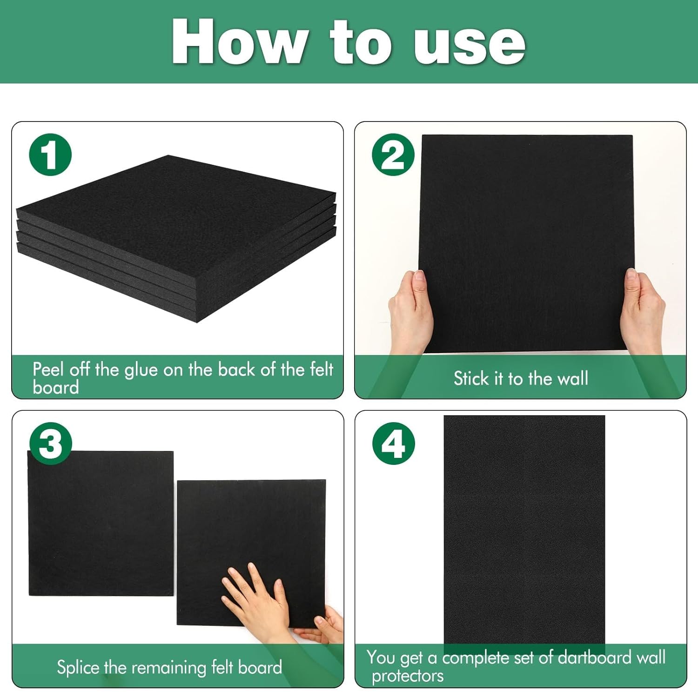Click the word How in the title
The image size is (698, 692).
238,42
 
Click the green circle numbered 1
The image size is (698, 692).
50,155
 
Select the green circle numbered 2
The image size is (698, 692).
393,155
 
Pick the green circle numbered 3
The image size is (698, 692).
50,443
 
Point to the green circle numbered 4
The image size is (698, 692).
393,443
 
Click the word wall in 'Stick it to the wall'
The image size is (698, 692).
572,378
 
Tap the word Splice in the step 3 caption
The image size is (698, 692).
78,668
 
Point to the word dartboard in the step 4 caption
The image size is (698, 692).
596,658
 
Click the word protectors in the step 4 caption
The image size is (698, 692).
408,676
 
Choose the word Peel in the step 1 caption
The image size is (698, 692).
48,370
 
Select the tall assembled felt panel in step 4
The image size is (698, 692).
524,531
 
